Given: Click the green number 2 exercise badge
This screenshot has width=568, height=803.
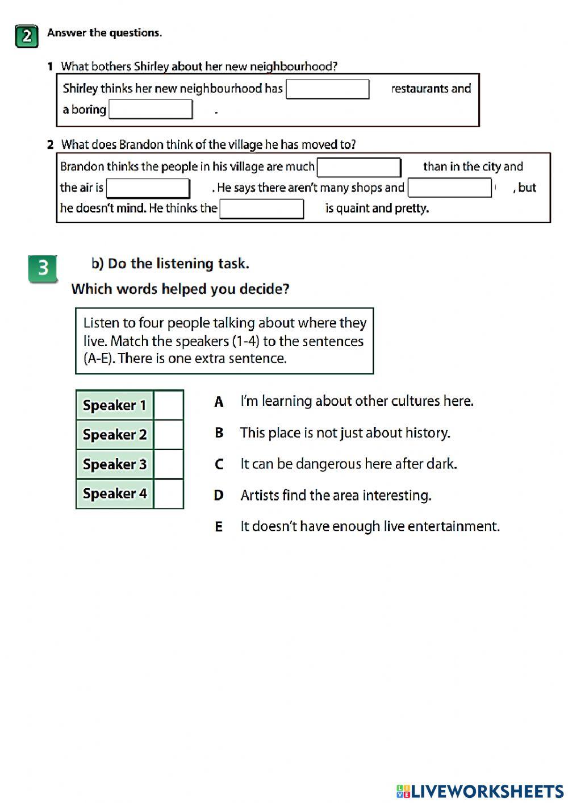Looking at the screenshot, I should pyautogui.click(x=27, y=36).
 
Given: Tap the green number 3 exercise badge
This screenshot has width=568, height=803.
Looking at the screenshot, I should pyautogui.click(x=43, y=268).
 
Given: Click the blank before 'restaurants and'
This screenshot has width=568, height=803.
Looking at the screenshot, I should pyautogui.click(x=327, y=89).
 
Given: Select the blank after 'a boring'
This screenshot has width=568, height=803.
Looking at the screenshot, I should pyautogui.click(x=151, y=109).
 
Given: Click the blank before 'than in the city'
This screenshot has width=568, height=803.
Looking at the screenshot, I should pyautogui.click(x=358, y=167).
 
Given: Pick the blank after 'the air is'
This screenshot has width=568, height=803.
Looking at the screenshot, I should pyautogui.click(x=148, y=188).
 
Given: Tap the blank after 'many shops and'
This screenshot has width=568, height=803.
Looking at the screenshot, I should pyautogui.click(x=449, y=188).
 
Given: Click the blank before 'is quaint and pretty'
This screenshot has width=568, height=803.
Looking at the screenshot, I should pyautogui.click(x=261, y=209).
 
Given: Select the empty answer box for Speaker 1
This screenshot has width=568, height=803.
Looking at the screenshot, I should pyautogui.click(x=168, y=405).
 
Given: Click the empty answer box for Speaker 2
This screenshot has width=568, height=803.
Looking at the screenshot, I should pyautogui.click(x=168, y=435).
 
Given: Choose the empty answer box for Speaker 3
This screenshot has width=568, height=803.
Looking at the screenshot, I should pyautogui.click(x=168, y=464).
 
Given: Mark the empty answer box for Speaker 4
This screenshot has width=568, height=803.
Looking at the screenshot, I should pyautogui.click(x=168, y=494).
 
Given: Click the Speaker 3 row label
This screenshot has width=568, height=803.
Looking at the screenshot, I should pyautogui.click(x=115, y=464).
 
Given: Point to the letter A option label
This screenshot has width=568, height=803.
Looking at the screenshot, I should pyautogui.click(x=219, y=402).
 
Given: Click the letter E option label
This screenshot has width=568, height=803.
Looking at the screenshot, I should pyautogui.click(x=219, y=527).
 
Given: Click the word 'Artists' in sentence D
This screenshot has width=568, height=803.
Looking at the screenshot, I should pyautogui.click(x=260, y=496).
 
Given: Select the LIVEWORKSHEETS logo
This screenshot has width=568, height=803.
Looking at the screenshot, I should pyautogui.click(x=480, y=791).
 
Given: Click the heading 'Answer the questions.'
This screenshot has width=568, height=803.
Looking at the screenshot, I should pyautogui.click(x=105, y=33).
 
